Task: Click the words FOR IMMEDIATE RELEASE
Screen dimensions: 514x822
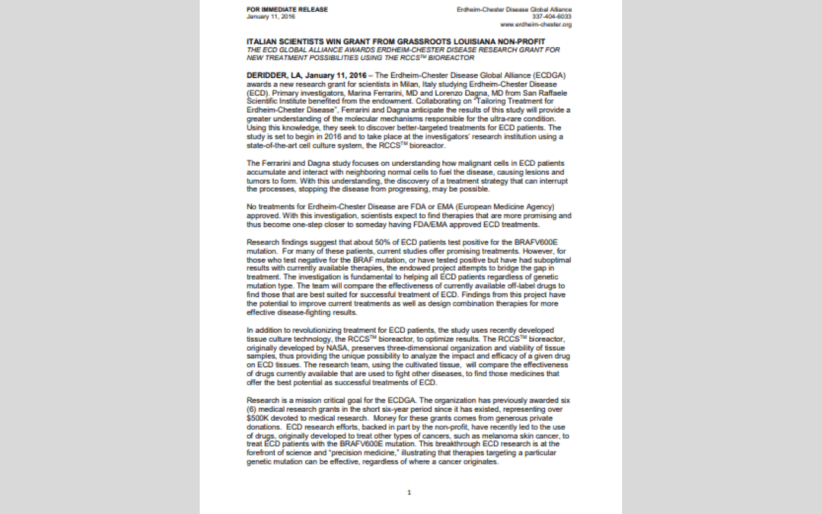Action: (x=277, y=9)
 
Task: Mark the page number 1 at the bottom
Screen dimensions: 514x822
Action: (x=409, y=493)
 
